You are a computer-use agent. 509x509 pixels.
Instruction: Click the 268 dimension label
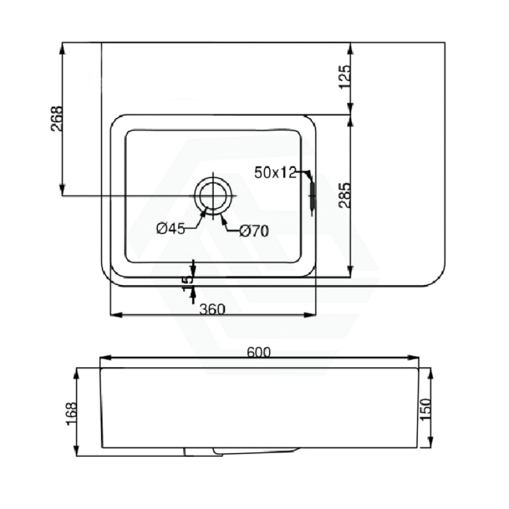pos(57,119)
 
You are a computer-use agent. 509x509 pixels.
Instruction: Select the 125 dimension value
pos(345,76)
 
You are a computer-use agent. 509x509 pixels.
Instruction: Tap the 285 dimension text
pos(345,195)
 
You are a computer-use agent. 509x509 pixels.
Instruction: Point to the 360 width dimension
pos(212,309)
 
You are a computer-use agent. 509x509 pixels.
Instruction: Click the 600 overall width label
pos(258,352)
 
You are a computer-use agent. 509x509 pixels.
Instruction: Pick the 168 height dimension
pos(71,414)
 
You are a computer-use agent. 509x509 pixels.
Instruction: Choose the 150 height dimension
pos(425,409)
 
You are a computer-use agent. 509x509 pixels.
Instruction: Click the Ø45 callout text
pos(170,229)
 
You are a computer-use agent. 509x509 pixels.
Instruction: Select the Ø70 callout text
pos(254,231)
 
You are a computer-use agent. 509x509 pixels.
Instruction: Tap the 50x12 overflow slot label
pos(275,172)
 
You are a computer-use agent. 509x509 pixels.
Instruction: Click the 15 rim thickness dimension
pos(188,283)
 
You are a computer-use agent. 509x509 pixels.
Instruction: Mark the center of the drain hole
pos(213,196)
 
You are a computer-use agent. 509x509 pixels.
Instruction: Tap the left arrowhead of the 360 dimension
pos(116,315)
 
